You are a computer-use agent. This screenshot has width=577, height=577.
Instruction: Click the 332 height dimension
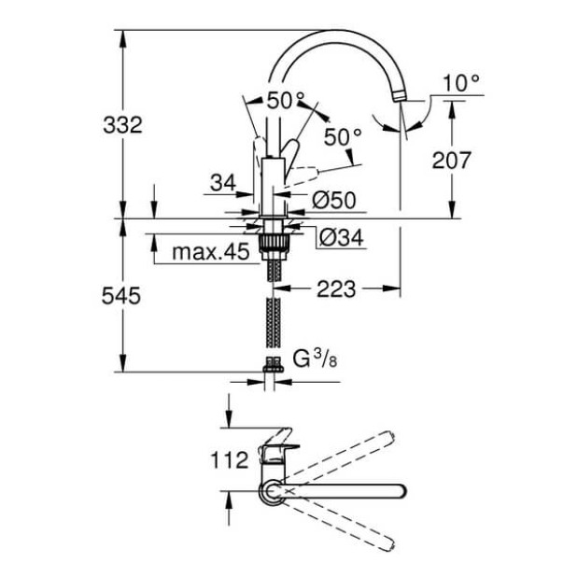pos(121,124)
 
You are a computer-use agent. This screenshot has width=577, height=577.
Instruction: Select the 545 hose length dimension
pos(121,296)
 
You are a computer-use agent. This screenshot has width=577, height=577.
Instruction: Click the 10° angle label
pos(460,83)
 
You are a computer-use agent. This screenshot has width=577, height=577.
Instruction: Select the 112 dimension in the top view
pos(230,458)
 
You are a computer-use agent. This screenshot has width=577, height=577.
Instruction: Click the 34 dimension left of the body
pos(221,184)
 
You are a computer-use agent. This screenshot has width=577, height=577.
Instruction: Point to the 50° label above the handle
pos(286,99)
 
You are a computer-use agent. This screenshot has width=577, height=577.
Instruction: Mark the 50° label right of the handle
pos(342,136)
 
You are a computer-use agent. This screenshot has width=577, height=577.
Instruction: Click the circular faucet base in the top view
pos(272,491)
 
